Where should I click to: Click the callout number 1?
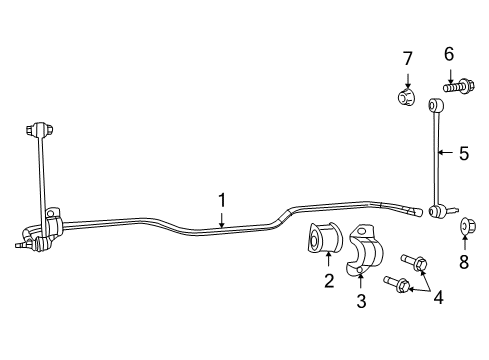point(223,201)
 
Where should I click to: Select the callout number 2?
point(329,281)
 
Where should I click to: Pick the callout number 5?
point(463,154)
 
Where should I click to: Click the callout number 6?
point(449,54)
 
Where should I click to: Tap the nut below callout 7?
point(406,98)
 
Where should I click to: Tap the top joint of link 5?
point(436,104)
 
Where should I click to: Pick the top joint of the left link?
point(41,131)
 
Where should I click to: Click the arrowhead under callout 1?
point(223,227)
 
